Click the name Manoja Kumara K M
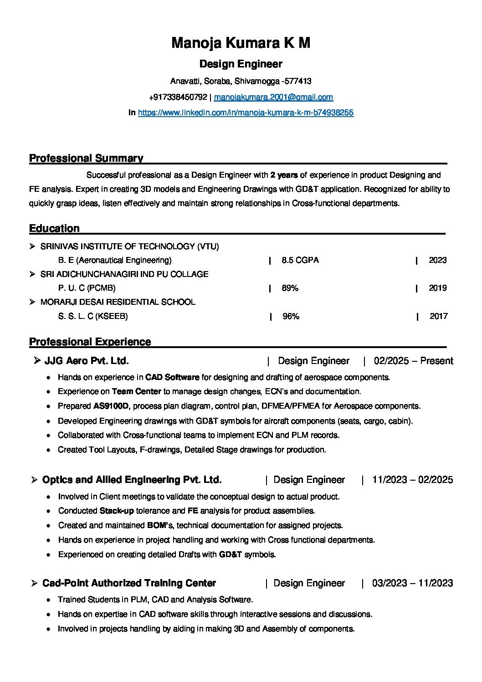tap(241, 43)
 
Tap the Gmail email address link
tap(273, 97)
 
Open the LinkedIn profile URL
tap(246, 112)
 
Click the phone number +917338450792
tap(178, 97)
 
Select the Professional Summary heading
tap(86, 158)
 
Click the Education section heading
tap(54, 228)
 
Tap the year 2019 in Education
tap(437, 288)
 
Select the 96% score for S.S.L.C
tap(291, 316)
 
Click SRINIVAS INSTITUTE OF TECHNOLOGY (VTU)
tap(130, 246)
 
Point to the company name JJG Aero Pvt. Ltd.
tap(87, 361)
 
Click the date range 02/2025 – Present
tap(413, 361)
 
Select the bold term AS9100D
tap(111, 406)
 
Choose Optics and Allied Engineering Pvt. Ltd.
tap(132, 480)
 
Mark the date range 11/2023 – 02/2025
tap(412, 480)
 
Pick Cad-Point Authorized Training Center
tap(129, 583)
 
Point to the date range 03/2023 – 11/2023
tap(412, 583)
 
